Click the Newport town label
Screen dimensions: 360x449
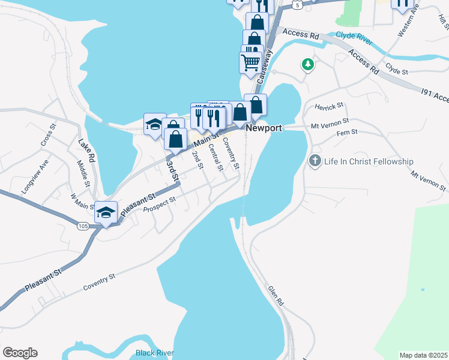[x=264, y=128]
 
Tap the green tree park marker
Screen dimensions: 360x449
[x=308, y=64]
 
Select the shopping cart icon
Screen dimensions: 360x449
[x=250, y=61]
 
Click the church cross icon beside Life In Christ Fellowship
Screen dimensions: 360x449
[x=315, y=161]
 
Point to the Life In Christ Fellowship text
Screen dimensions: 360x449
[x=369, y=161]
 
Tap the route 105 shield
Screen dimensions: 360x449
[x=83, y=225]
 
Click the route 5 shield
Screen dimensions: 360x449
[x=296, y=4]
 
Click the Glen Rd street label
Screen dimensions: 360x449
[x=275, y=296]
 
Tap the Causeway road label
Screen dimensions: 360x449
[x=264, y=66]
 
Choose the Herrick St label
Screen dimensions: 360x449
[x=329, y=106]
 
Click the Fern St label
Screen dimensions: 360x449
[x=346, y=132]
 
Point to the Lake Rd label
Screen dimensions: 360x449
[x=87, y=151]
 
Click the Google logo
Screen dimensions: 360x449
[x=20, y=353]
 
